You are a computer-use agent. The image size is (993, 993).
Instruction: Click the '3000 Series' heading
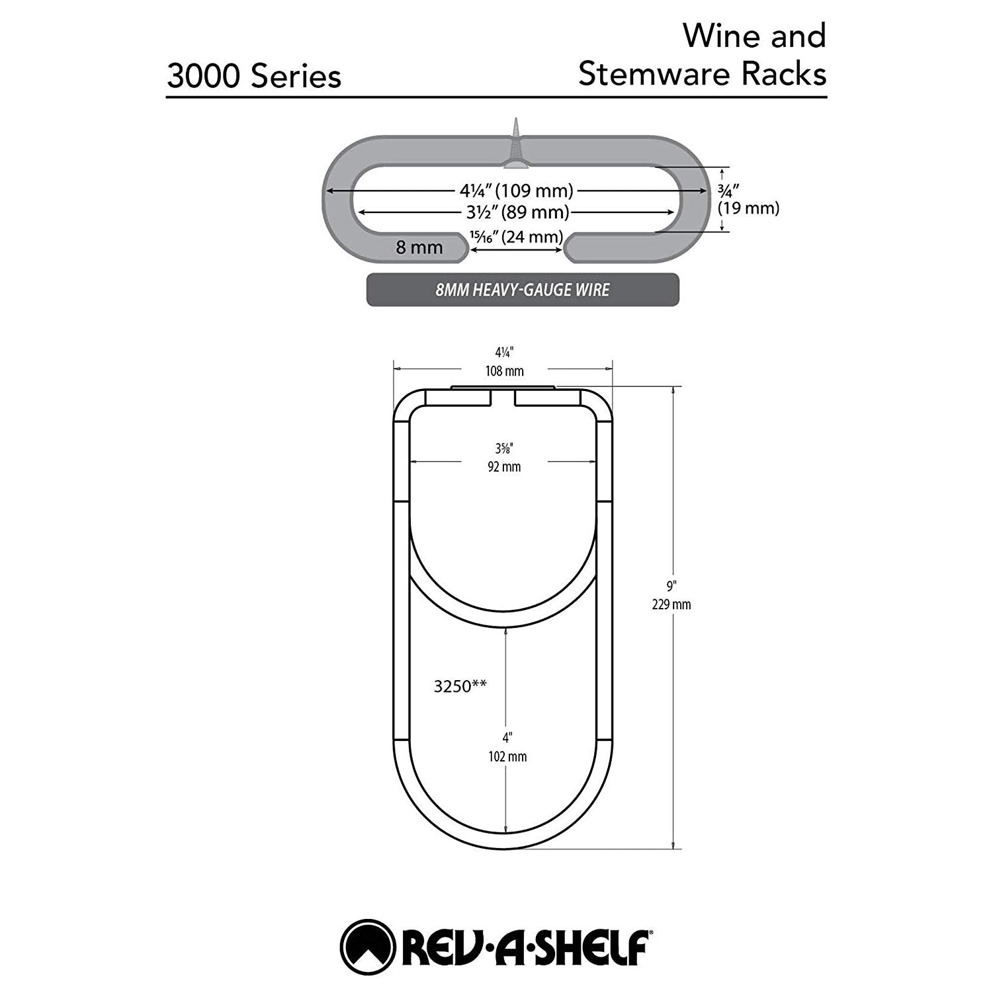tap(254, 76)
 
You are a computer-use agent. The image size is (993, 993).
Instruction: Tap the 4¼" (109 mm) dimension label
tap(516, 191)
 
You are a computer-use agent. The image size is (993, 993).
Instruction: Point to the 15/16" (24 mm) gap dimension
tap(517, 237)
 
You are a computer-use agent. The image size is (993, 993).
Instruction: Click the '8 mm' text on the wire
tap(419, 248)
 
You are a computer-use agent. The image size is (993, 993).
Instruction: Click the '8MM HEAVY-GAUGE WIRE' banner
tap(523, 290)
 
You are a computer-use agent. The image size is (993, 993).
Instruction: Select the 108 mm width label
tap(505, 371)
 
